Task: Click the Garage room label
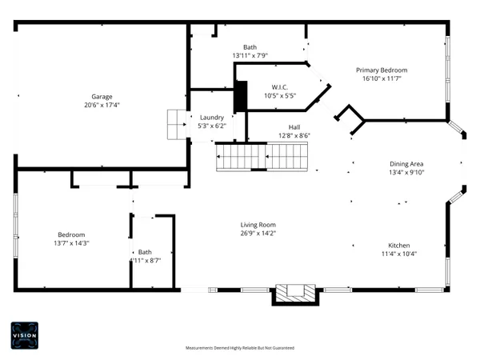101,96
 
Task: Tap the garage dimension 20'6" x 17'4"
101,106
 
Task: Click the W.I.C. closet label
280,87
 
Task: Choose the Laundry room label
212,117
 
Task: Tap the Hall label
294,126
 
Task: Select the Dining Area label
406,163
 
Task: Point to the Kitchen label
399,245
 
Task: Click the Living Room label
258,225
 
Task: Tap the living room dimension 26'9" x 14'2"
258,234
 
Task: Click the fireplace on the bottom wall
296,294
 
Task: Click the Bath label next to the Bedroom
145,252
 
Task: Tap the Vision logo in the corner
24,335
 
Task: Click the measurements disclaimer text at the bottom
239,348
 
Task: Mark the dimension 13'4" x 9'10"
406,172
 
